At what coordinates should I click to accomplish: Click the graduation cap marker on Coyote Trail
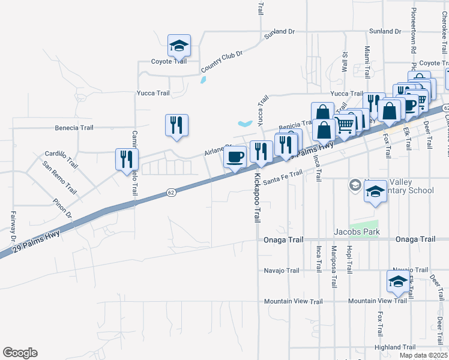tap(178, 46)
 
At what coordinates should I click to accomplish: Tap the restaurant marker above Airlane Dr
tap(176, 125)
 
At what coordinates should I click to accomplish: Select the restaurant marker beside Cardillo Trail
tap(127, 159)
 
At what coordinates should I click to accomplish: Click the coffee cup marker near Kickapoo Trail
tap(235, 157)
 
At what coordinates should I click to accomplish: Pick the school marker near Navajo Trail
tap(398, 281)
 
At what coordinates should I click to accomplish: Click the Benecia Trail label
tap(74, 128)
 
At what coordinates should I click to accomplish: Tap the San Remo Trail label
tap(59, 179)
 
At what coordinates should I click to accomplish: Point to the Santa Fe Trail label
tap(282, 177)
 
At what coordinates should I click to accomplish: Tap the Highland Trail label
tap(395, 347)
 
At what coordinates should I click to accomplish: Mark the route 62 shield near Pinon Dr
tap(172, 193)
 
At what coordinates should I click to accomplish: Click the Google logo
tap(20, 353)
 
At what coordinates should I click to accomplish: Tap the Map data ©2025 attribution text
tap(423, 355)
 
